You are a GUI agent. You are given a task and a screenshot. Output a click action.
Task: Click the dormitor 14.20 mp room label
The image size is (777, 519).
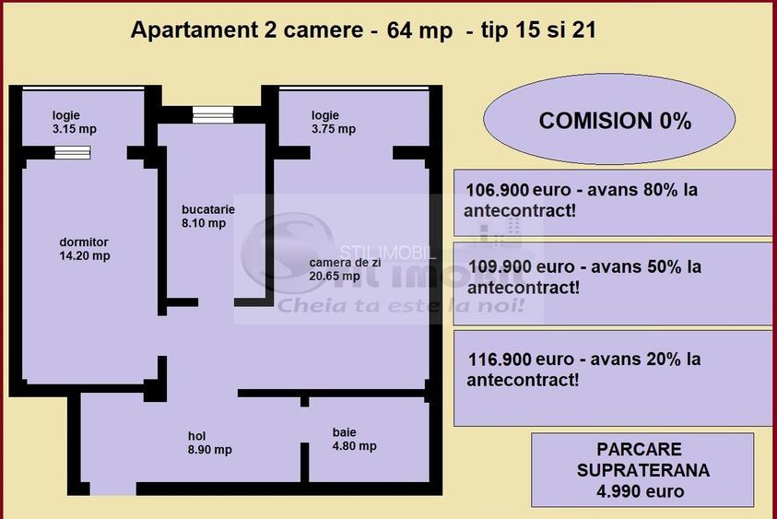point(84,249)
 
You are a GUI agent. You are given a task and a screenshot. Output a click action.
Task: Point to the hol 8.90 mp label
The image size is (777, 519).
point(209,443)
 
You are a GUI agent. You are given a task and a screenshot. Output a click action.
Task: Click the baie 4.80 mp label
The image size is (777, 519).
point(354,439)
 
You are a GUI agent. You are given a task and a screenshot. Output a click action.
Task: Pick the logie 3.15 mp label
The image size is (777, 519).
point(74,122)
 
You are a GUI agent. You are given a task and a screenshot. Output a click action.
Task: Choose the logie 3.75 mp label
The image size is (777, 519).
point(333,122)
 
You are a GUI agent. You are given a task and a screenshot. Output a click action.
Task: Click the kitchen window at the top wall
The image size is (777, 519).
point(212,114)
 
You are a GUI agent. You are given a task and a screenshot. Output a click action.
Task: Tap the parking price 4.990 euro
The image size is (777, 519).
point(641,490)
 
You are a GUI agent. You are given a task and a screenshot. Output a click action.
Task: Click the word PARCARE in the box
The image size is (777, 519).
point(640,450)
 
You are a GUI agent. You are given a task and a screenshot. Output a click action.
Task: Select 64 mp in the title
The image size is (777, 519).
point(419,30)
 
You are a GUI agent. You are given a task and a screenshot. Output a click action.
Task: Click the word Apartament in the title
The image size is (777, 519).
point(190,30)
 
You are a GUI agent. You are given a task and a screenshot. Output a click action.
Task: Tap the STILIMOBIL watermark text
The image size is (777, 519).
point(385,251)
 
